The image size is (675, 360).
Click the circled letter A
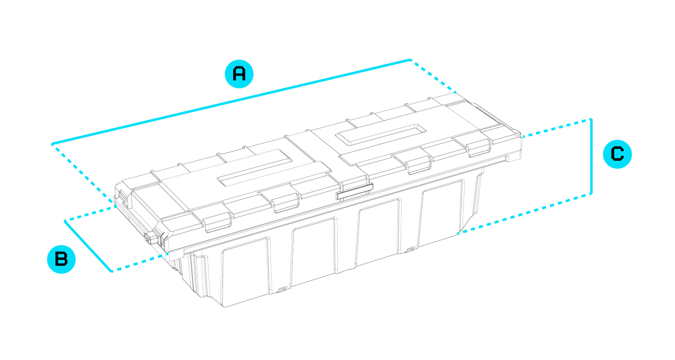pyautogui.click(x=239, y=74)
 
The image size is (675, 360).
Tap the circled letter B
pyautogui.click(x=61, y=259)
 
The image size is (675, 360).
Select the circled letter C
pyautogui.click(x=617, y=154)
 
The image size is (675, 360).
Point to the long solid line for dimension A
pyautogui.click(x=231, y=102)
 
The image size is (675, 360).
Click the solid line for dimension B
pyautogui.click(x=88, y=246)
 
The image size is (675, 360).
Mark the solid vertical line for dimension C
pyautogui.click(x=591, y=156)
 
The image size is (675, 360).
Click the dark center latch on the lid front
pyautogui.click(x=355, y=192)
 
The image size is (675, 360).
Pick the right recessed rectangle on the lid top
pyautogui.click(x=381, y=135)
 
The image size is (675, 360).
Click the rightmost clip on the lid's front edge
pyautogui.click(x=478, y=148)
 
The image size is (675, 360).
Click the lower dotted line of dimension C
pyautogui.click(x=524, y=214)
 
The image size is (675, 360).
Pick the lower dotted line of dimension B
pyautogui.click(x=140, y=262)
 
